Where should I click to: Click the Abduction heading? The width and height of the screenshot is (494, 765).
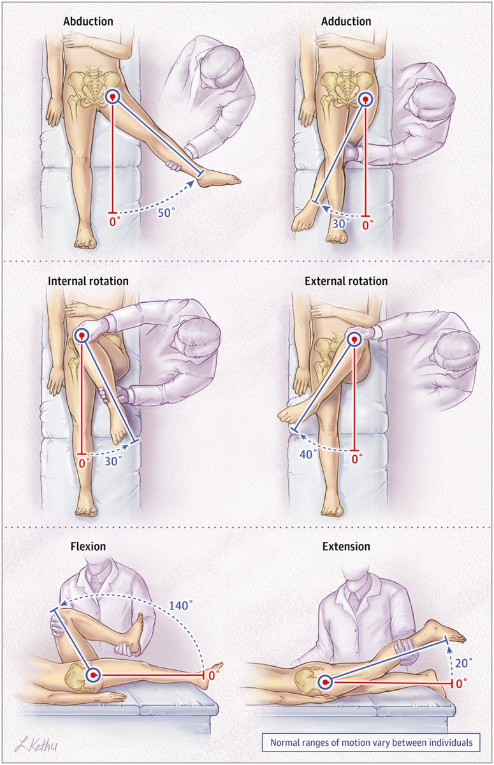[x=88, y=22]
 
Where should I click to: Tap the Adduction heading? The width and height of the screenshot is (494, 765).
[x=347, y=22]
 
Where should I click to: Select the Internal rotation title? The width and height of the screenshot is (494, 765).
[x=88, y=281]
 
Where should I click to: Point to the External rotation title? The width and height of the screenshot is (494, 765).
[x=346, y=281]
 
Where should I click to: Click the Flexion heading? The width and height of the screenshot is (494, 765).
[x=89, y=546]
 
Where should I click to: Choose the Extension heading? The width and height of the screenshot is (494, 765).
[x=346, y=546]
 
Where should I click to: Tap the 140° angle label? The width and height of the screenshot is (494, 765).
[x=181, y=606]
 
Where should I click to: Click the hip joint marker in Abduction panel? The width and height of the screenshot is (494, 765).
[x=113, y=97]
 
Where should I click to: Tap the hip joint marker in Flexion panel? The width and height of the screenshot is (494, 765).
[x=94, y=674]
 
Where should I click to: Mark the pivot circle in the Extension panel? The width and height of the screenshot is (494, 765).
[x=326, y=683]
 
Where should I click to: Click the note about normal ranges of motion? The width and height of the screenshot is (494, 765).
[x=371, y=743]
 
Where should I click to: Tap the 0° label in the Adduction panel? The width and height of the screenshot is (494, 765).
[x=367, y=225]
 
